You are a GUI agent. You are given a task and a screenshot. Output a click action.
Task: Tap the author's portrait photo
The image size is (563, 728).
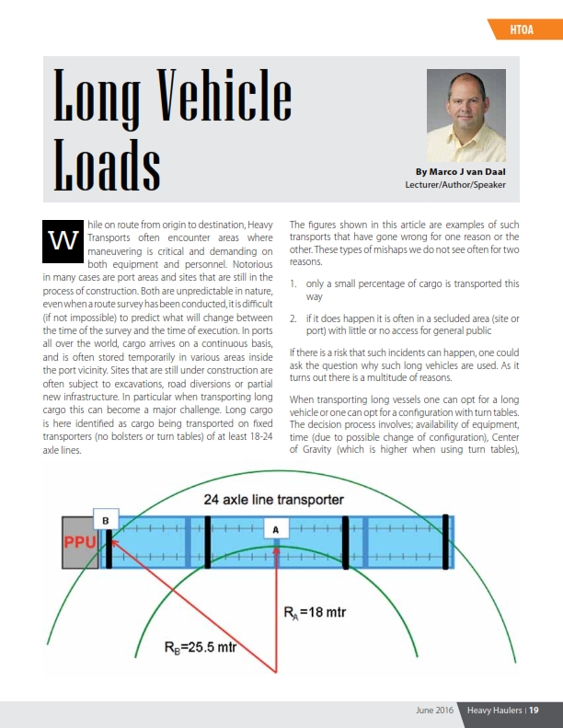466,116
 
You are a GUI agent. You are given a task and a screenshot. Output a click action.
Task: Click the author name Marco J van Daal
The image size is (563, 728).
460,172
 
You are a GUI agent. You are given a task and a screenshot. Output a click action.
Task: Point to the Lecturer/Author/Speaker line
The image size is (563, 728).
455,185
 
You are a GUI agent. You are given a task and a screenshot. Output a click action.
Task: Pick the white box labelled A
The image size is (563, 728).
276,530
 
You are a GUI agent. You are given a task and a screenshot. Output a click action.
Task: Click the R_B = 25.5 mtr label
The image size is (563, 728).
200,647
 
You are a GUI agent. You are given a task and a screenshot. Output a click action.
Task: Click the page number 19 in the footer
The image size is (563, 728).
533,711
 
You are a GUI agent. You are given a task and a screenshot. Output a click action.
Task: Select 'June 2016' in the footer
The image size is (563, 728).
434,711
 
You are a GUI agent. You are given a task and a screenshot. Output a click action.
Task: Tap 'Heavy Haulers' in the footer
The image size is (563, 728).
492,711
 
